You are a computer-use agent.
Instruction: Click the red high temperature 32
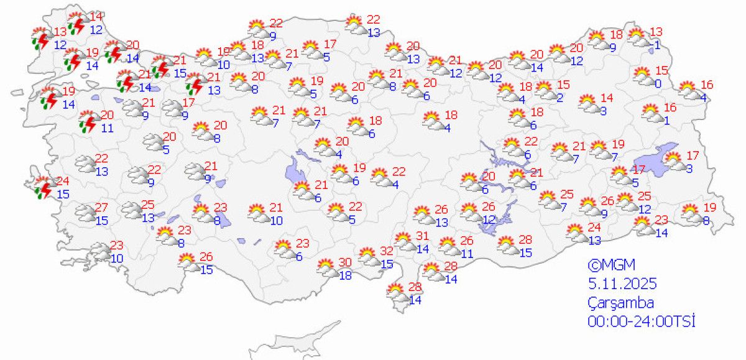[387, 252]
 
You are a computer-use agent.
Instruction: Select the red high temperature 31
[423, 236]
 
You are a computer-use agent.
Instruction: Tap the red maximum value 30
[345, 262]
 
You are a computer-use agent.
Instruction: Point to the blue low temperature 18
[345, 274]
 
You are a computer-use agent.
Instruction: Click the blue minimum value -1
[656, 44]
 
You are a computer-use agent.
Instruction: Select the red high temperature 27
[102, 208]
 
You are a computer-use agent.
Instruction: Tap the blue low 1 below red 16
[666, 121]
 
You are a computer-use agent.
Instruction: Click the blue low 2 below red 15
[559, 97]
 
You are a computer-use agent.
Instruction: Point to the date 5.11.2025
[622, 284]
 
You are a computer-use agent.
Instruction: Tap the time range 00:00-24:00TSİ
[640, 321]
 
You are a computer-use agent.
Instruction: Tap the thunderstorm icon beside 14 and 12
[77, 23]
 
